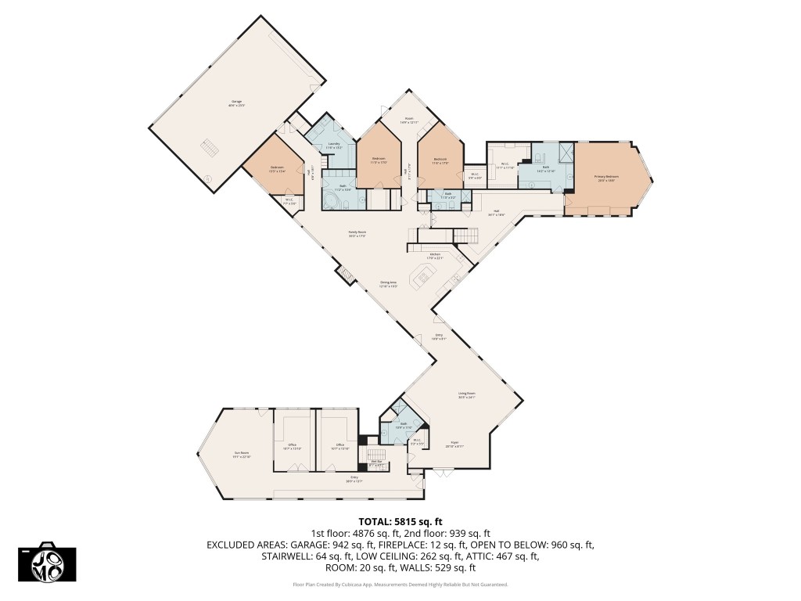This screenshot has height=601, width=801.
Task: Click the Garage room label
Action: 236,103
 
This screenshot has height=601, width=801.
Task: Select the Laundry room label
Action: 334,145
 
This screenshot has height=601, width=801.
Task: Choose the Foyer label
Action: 454,444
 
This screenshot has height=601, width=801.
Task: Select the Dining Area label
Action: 389,284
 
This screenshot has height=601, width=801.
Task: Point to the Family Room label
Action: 357,233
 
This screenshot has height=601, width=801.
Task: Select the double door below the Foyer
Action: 443,471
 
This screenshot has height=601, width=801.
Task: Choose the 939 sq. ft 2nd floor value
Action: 466,533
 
